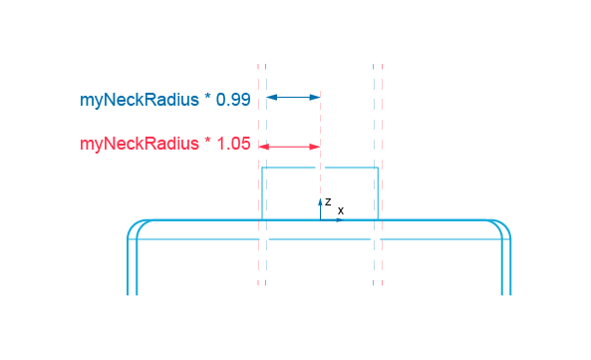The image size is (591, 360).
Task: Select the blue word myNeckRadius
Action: coord(139,101)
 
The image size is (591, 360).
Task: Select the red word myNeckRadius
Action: coord(139,145)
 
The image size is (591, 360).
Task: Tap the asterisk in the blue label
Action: coord(208,99)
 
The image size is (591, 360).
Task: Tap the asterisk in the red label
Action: coord(208,143)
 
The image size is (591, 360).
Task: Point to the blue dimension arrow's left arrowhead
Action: coord(269,97)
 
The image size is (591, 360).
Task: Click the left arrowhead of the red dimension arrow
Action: coord(262,147)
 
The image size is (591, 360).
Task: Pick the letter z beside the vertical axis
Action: coord(328,201)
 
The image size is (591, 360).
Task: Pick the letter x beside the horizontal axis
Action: coord(341,210)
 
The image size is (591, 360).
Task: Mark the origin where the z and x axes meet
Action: coord(320,219)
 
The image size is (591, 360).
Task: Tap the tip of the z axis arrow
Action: coord(320,198)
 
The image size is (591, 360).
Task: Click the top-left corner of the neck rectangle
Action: coord(262,169)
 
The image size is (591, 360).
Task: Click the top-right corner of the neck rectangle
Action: coord(378,169)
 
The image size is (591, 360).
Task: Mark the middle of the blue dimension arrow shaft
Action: coord(293,97)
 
